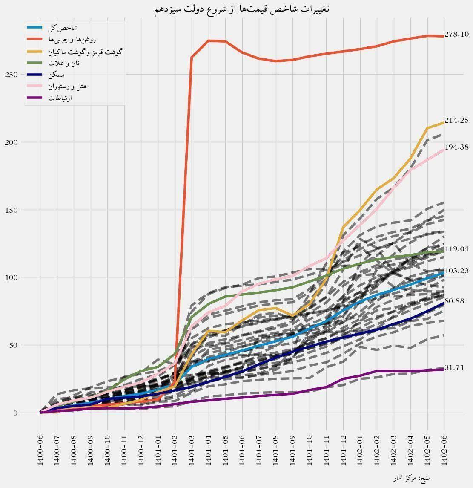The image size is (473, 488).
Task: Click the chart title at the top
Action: pyautogui.click(x=241, y=9)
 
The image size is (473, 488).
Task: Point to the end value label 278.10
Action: pyautogui.click(x=456, y=35)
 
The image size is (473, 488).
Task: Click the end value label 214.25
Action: pyautogui.click(x=456, y=121)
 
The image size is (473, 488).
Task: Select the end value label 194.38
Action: pyautogui.click(x=456, y=147)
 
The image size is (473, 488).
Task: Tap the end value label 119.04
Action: pyautogui.click(x=456, y=249)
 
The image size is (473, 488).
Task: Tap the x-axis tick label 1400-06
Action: pyautogui.click(x=40, y=452)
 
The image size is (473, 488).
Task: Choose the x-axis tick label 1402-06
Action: pyautogui.click(x=444, y=452)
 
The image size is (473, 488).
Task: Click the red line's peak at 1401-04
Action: pyautogui.click(x=209, y=40)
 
